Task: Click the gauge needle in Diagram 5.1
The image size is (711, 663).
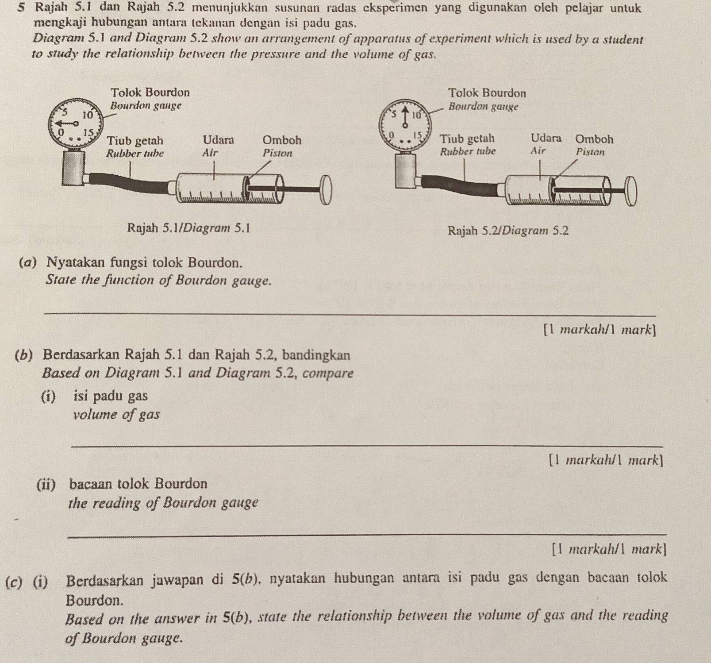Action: pyautogui.click(x=67, y=123)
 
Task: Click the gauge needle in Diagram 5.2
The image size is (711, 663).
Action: pyautogui.click(x=404, y=117)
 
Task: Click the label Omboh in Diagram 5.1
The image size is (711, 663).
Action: pyautogui.click(x=282, y=140)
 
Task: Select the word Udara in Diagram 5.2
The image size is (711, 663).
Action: pyautogui.click(x=546, y=138)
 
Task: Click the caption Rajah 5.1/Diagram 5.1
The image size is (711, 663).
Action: pyautogui.click(x=188, y=228)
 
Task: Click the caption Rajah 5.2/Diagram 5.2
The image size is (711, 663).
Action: pyautogui.click(x=508, y=231)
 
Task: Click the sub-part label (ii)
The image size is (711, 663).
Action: pyautogui.click(x=46, y=484)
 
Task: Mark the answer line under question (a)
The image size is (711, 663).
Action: pyautogui.click(x=350, y=315)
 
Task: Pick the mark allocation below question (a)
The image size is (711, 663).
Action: pyautogui.click(x=600, y=330)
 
